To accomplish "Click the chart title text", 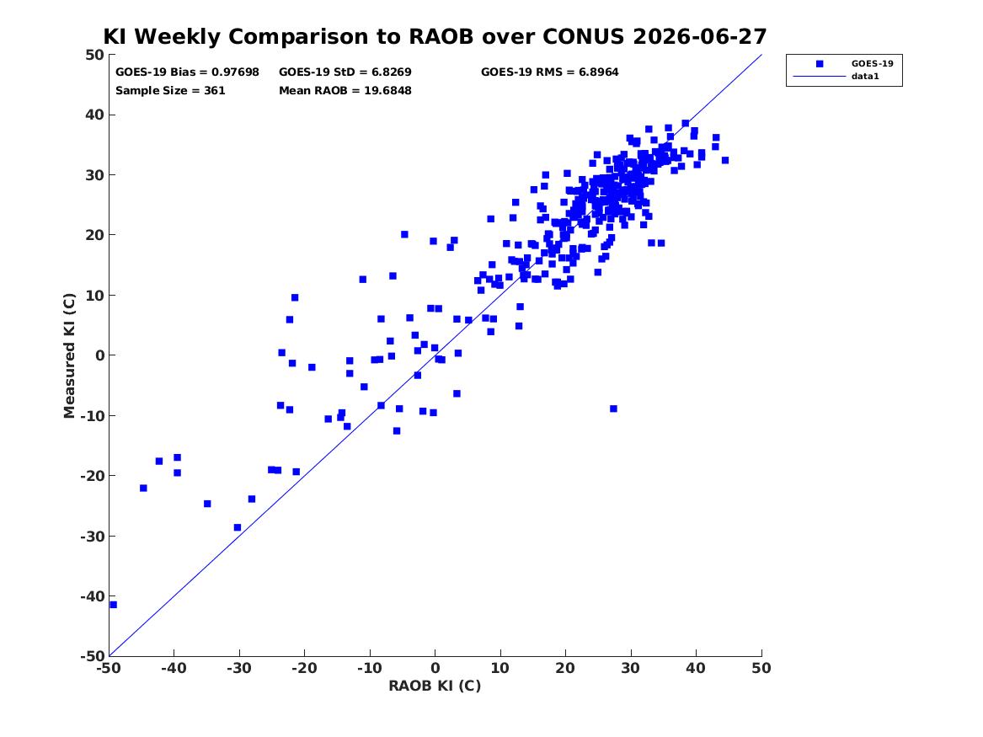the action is click(x=435, y=36).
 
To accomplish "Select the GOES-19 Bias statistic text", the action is click(x=187, y=72).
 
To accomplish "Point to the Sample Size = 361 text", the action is click(x=170, y=91).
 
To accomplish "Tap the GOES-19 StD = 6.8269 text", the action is click(x=345, y=72).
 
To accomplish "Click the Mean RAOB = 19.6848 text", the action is click(x=345, y=91).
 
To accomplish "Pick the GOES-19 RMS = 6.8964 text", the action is click(x=549, y=72).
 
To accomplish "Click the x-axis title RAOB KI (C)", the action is click(x=435, y=686).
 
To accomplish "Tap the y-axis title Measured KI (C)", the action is click(x=69, y=355).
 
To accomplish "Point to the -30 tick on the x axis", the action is click(x=239, y=668).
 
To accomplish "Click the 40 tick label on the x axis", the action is click(x=696, y=668).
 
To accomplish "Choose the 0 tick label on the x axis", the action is click(x=435, y=668).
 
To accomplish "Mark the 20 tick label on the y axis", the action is click(x=94, y=235).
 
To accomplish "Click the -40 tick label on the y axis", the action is click(x=92, y=596).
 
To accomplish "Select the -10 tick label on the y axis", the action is click(x=92, y=415).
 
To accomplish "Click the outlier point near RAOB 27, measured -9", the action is click(x=613, y=409).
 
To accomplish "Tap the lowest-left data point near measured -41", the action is click(x=114, y=605).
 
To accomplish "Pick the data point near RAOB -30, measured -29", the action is click(x=237, y=527).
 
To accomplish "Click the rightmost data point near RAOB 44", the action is click(x=725, y=160).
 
